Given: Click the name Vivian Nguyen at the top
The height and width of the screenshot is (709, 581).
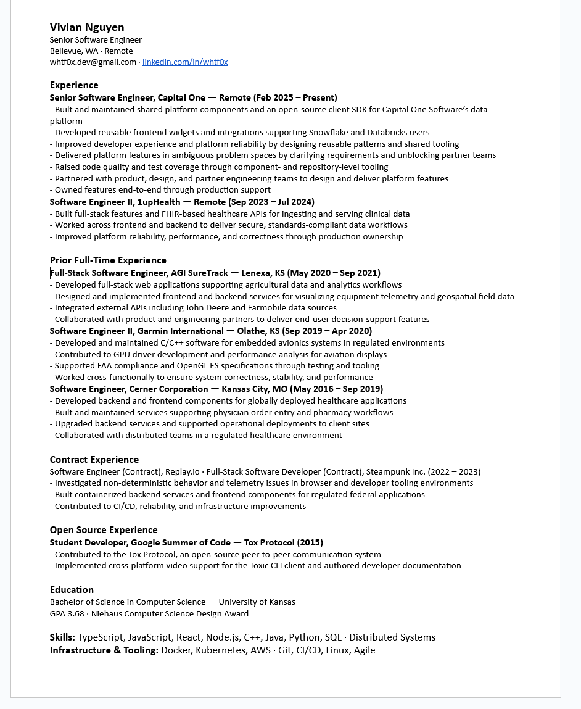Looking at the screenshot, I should (87, 27).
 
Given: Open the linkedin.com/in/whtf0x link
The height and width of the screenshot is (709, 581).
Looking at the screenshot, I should (185, 62).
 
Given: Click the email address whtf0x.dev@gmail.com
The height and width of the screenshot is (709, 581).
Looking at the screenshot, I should (93, 62).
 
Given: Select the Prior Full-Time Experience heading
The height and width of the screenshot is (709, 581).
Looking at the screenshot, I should (108, 260).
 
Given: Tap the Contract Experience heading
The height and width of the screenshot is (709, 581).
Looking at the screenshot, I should (94, 460).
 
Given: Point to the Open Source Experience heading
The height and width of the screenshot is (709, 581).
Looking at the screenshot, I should (104, 530).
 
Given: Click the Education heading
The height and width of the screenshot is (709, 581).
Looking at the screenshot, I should (72, 590).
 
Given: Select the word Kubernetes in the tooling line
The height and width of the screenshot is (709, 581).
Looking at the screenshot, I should (220, 650).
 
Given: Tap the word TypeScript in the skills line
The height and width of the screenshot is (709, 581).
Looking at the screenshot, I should (99, 637).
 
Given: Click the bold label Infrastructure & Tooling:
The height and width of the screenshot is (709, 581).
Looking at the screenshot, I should (104, 650).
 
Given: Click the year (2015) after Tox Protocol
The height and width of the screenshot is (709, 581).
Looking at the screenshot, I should (310, 543).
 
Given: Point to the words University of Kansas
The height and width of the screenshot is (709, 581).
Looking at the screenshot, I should (257, 602).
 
